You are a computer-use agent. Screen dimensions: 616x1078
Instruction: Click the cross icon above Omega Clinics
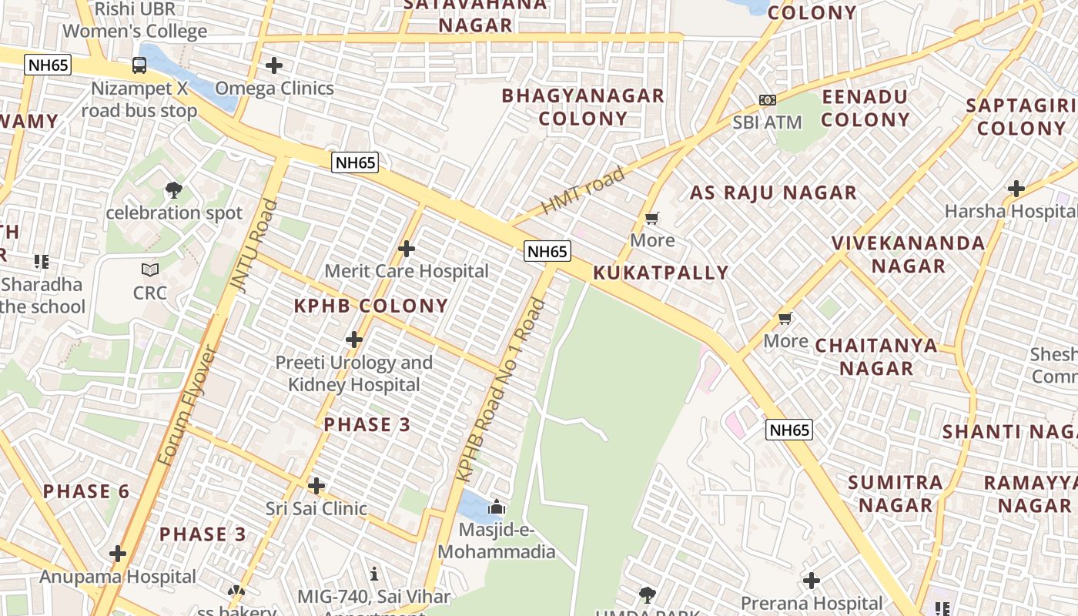point(273,65)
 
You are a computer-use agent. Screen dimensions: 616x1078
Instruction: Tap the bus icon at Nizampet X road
point(139,65)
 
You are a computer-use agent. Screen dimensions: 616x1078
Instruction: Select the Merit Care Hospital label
point(407,271)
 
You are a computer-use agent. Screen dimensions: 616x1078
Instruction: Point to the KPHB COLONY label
point(371,306)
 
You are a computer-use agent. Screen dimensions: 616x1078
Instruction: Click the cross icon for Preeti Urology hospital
point(353,340)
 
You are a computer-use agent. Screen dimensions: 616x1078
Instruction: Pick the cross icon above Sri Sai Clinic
point(316,486)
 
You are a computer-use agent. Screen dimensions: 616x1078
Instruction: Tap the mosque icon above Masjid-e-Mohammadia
point(497,507)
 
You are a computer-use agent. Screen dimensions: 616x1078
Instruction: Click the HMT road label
point(583,192)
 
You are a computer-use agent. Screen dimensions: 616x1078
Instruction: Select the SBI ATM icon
point(767,100)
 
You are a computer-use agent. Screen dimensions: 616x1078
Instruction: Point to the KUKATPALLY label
point(661,273)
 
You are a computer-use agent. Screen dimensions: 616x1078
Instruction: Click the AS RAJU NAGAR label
point(773,192)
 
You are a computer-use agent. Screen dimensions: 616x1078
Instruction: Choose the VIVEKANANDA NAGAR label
point(909,255)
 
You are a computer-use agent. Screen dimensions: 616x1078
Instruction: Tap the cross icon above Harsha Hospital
point(1016,188)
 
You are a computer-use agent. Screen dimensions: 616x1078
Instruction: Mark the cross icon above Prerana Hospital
point(812,581)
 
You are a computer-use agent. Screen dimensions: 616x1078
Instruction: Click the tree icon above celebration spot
point(174,189)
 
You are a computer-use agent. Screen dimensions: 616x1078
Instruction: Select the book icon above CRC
point(150,270)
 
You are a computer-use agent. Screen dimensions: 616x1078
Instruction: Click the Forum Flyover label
point(188,406)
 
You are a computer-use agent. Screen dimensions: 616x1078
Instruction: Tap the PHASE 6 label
point(86,491)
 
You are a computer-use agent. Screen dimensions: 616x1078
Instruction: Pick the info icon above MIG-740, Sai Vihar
point(374,574)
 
